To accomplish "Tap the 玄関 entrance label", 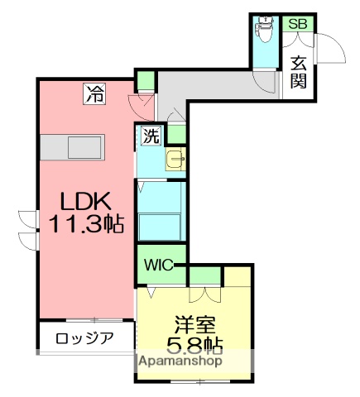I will pos(298,71).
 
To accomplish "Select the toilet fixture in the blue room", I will pos(266,31).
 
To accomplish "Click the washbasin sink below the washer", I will pos(175,160).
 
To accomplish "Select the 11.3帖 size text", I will pos(85,223).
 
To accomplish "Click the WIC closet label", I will pos(158,265).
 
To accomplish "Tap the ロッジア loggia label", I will pos(84,337).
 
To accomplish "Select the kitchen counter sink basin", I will pos(84,148).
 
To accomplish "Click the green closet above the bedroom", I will pos(206,275).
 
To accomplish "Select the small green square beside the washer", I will pos(176,133).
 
